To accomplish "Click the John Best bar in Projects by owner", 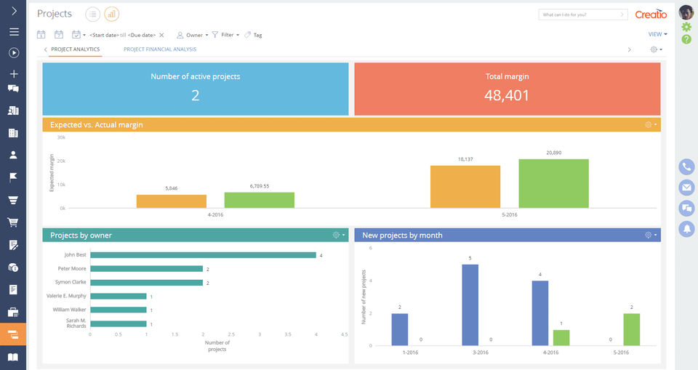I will pyautogui.click(x=203, y=255).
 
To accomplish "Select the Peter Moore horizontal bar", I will pyautogui.click(x=146, y=269).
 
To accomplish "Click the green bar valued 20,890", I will pyautogui.click(x=553, y=183).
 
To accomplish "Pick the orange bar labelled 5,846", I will pyautogui.click(x=172, y=201).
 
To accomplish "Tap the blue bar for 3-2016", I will pyautogui.click(x=470, y=305).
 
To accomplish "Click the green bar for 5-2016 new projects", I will pyautogui.click(x=631, y=329).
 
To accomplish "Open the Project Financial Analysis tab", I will pyautogui.click(x=160, y=49).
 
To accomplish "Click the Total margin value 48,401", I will pyautogui.click(x=507, y=95).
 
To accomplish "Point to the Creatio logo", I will pyautogui.click(x=651, y=15).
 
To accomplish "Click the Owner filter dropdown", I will pyautogui.click(x=193, y=35).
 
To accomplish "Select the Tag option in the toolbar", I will pyautogui.click(x=254, y=35).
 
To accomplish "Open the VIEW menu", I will pyautogui.click(x=657, y=34).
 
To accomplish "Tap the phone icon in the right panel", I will pyautogui.click(x=686, y=166).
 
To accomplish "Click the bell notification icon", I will pyautogui.click(x=686, y=229).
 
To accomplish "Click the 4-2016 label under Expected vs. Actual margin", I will pyautogui.click(x=214, y=215).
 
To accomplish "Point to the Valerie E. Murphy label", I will pyautogui.click(x=66, y=296).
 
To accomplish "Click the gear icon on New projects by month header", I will pyautogui.click(x=649, y=235).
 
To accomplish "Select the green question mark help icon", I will pyautogui.click(x=686, y=39).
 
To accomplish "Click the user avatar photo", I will pyautogui.click(x=686, y=12).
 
